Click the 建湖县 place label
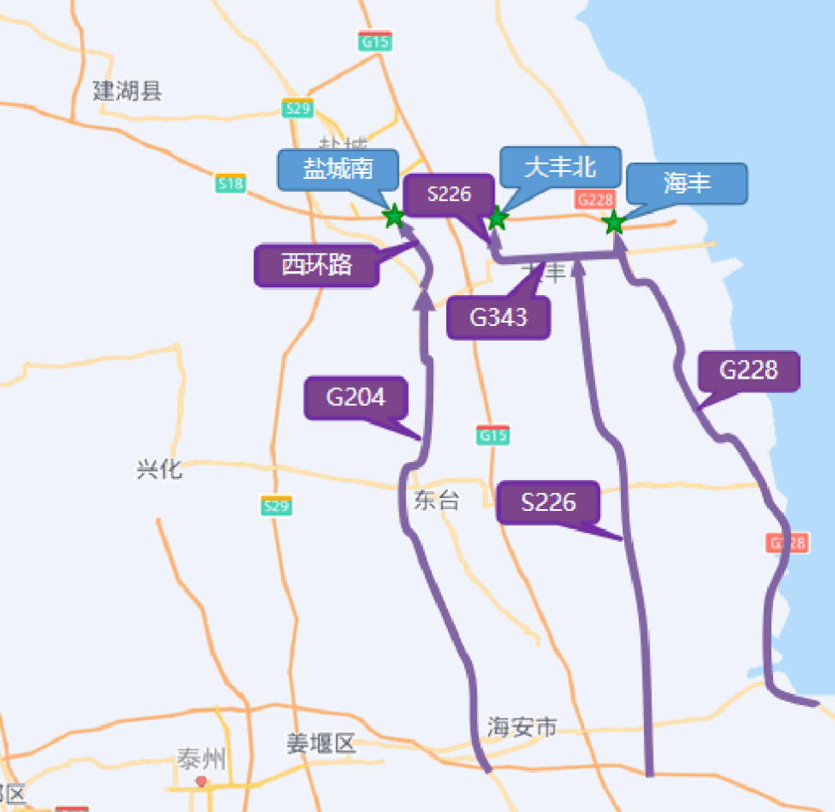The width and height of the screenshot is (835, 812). tap(127, 90)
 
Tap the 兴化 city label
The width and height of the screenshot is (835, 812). tap(160, 470)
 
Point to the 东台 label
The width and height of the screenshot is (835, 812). tap(437, 501)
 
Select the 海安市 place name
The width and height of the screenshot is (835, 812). tap(522, 728)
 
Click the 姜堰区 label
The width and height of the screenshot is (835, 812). tap(322, 744)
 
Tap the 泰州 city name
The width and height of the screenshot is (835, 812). tap(202, 760)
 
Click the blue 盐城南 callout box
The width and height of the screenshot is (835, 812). tap(338, 169)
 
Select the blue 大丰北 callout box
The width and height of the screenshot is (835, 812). tap(560, 167)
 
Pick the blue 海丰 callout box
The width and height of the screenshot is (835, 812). tap(687, 183)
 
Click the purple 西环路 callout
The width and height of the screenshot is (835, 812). tap(317, 265)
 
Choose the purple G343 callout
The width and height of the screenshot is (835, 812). tap(499, 317)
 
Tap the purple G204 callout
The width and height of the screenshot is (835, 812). tap(356, 397)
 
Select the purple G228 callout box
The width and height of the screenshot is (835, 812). tap(749, 371)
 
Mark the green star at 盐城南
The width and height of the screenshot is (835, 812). tap(393, 217)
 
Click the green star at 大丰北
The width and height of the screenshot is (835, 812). tap(496, 218)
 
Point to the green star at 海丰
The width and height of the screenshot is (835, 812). tap(613, 223)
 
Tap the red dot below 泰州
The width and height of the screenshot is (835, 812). tap(201, 781)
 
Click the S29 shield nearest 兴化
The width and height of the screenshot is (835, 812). tap(276, 506)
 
